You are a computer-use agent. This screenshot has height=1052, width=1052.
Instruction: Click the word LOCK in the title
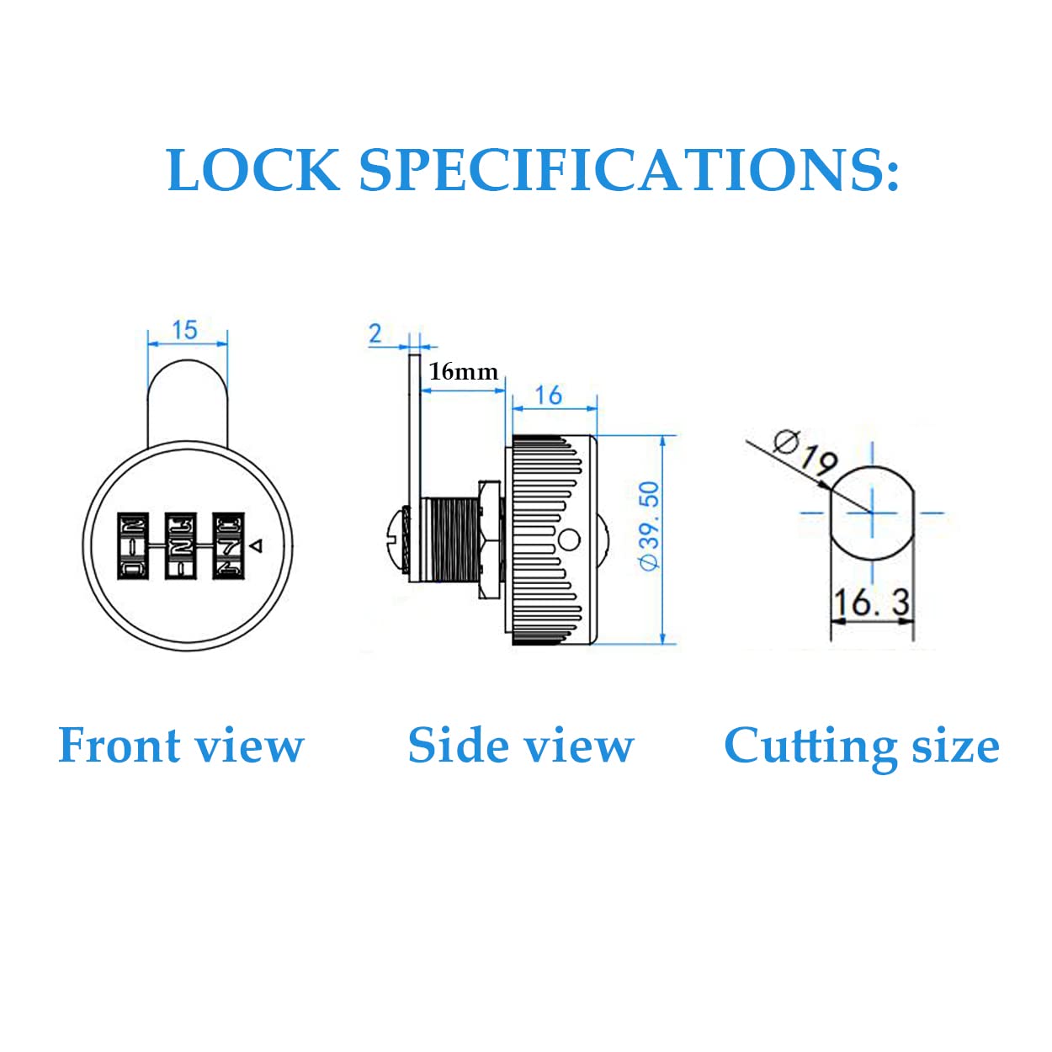coord(253,170)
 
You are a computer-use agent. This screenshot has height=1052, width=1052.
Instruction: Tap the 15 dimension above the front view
coord(184,329)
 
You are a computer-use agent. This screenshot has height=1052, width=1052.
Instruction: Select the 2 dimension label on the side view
coord(375,333)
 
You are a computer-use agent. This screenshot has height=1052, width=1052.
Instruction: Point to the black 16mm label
coord(463,371)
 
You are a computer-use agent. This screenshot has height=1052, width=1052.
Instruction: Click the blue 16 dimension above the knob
coord(549,395)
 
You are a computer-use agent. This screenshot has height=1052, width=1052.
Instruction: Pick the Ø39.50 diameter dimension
coord(650,526)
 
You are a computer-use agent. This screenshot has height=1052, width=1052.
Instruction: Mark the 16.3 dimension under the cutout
coord(871,603)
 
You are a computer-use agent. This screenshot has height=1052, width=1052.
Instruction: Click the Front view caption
coord(181,746)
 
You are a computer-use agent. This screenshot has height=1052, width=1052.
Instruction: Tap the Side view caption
coord(520,746)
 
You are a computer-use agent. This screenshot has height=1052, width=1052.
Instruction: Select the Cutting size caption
coord(861,746)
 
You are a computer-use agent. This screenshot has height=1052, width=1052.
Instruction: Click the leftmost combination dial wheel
coord(133,545)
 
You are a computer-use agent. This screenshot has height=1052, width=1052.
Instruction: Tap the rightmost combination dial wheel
coord(228,545)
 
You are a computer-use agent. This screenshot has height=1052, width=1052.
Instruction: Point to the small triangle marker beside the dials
coord(258,546)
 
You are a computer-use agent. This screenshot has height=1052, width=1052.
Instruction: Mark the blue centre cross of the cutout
coord(872,512)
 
